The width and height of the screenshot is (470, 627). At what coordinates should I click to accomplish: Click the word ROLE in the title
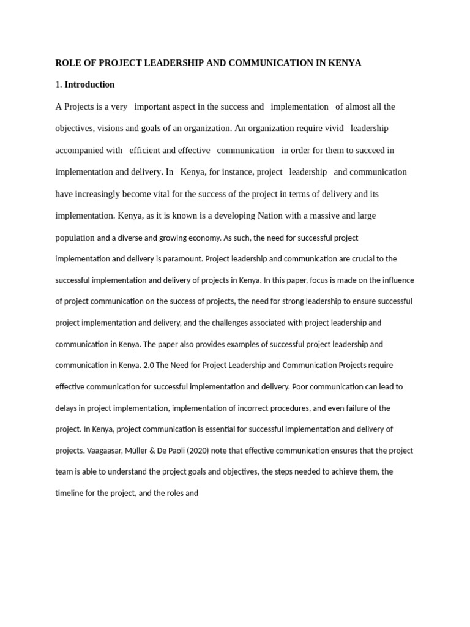tap(67, 63)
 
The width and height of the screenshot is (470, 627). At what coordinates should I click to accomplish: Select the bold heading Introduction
tap(89, 84)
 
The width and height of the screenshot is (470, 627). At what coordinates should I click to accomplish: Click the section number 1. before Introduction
tap(59, 84)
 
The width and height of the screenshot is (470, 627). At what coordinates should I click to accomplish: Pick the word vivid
tap(333, 129)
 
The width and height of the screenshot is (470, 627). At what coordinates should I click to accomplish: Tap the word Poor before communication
tap(301, 387)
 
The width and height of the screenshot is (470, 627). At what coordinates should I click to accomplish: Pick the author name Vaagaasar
tap(108, 451)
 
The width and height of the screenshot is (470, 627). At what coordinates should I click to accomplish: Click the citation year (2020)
tap(208, 451)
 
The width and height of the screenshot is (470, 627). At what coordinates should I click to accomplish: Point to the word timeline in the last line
tap(70, 493)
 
